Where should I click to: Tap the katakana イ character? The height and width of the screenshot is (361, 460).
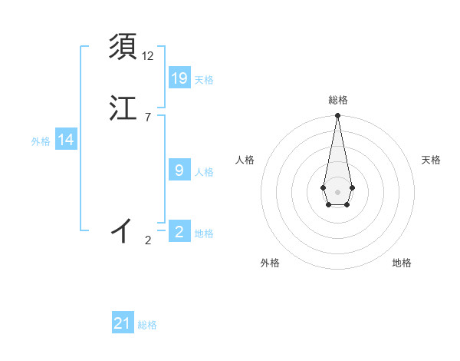pos(122,230)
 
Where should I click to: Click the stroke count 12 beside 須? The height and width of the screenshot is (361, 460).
pos(148,56)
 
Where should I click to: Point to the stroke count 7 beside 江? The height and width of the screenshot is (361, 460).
pos(148,117)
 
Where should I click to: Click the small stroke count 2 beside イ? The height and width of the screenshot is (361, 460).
pos(148,240)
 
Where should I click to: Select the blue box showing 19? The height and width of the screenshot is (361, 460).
pos(179,78)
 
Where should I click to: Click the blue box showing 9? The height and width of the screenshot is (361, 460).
pos(179,170)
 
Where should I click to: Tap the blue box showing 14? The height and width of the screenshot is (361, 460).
pos(65,140)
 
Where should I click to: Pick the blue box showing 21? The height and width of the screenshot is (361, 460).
pos(123,323)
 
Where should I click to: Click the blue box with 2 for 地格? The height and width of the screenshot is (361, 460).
pos(179,231)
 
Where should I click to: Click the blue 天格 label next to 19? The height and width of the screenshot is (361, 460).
pos(204,80)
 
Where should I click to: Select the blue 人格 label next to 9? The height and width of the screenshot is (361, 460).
pos(204,172)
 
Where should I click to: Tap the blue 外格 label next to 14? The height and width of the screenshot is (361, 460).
pos(41,141)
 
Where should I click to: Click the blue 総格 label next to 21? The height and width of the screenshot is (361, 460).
pos(147,326)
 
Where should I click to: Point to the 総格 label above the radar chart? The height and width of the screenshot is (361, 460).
pos(338,100)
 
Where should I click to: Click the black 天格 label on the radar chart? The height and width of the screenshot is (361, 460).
pos(431,160)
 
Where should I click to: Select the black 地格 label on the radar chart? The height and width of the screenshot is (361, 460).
pos(402,263)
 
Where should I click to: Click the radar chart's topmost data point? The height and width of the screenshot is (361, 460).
pos(337,116)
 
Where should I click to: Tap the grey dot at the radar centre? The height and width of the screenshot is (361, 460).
pos(337,191)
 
